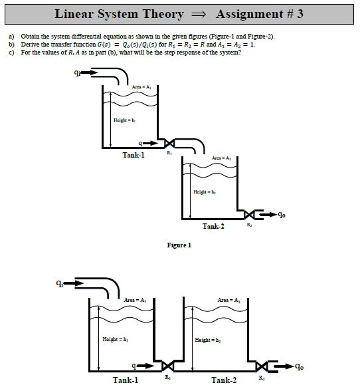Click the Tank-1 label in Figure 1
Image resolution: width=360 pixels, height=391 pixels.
[134, 155]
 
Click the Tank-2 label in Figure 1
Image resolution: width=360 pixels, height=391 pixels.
[213, 227]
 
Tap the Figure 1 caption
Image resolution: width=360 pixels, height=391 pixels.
[179, 245]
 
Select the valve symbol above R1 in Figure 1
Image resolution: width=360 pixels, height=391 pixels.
[169, 144]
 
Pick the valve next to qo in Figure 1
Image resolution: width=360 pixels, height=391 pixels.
[249, 215]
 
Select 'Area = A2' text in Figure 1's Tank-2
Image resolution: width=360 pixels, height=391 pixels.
[221, 158]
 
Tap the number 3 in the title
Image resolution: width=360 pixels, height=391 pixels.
[300, 14]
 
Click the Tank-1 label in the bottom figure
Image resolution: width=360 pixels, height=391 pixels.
[126, 380]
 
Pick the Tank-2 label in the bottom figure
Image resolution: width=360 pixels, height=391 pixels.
[224, 380]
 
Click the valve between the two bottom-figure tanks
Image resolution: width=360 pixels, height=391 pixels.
[168, 366]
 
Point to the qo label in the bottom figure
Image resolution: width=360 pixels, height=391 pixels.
[300, 366]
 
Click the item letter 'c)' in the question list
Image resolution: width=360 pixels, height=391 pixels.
[11, 52]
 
